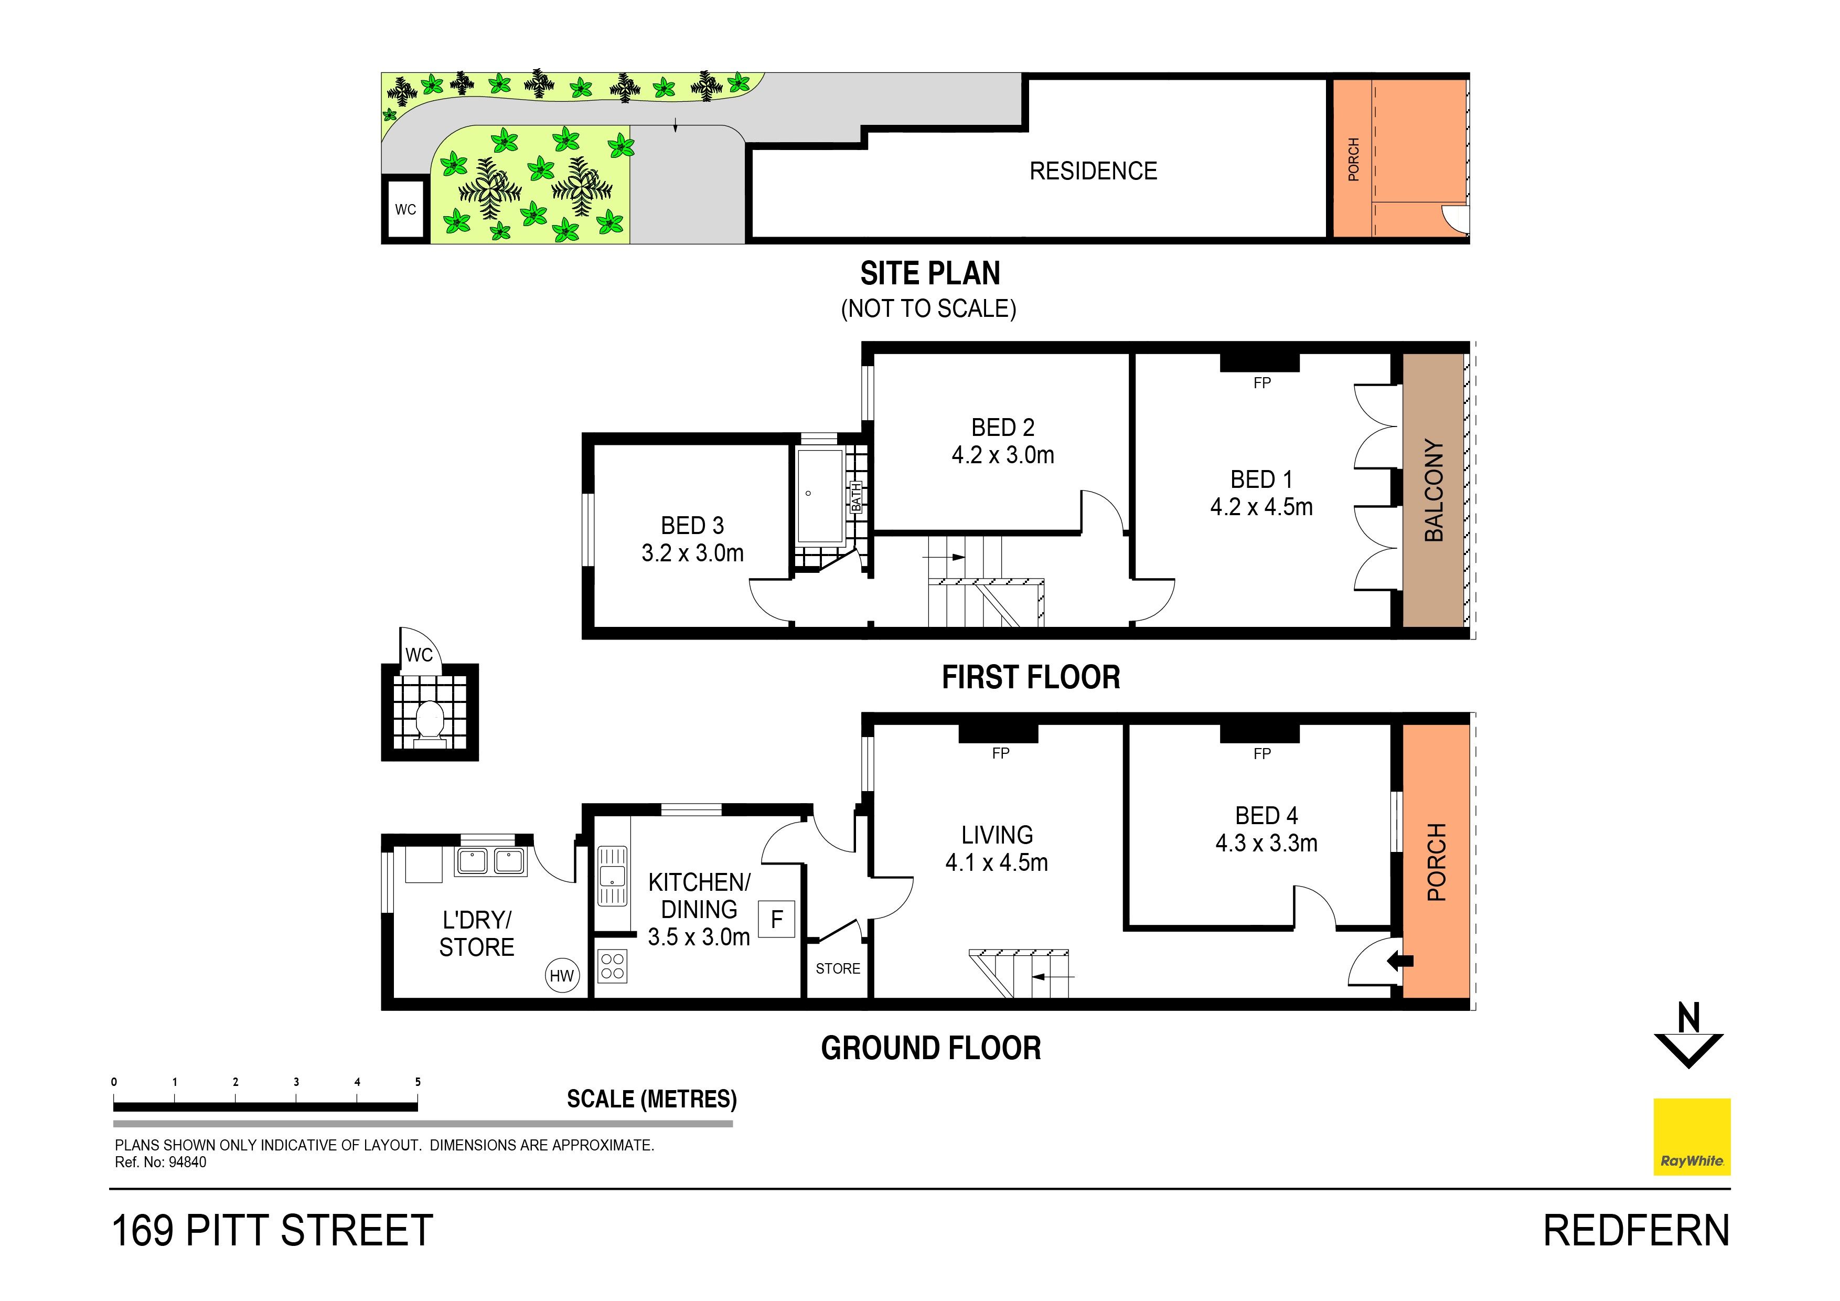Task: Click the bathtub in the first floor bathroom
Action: click(x=820, y=495)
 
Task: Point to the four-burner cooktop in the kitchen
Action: click(x=612, y=966)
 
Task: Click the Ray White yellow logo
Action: click(x=1692, y=1137)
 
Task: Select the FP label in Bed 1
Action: click(x=1262, y=383)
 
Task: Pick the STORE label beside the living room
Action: click(x=838, y=968)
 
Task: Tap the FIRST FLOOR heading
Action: click(x=1031, y=677)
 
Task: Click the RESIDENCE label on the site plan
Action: click(x=1093, y=170)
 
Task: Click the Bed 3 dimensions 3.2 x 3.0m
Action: click(x=692, y=553)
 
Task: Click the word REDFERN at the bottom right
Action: click(x=1636, y=1231)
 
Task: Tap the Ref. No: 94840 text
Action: click(x=161, y=1163)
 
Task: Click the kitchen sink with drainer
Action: click(x=612, y=876)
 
